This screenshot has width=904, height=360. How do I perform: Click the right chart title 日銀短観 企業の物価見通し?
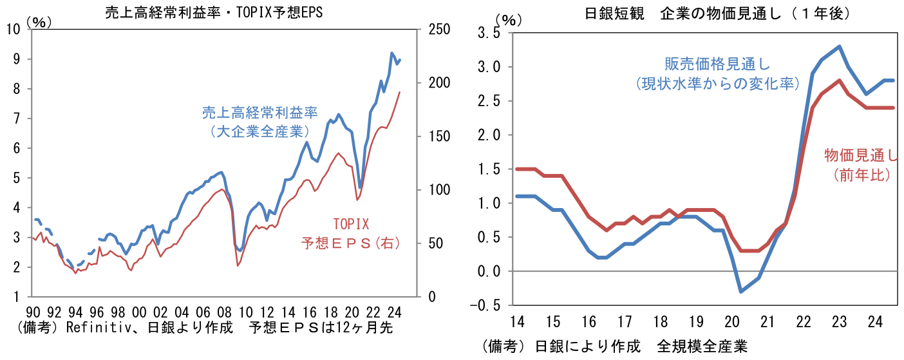pyautogui.click(x=673, y=13)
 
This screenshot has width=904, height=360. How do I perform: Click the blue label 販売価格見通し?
pyautogui.click(x=717, y=64)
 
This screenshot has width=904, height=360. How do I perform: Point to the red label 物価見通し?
pyautogui.click(x=860, y=155)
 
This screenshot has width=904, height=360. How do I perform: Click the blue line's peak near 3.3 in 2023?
pyautogui.click(x=840, y=46)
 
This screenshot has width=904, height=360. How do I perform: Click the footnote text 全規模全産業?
pyautogui.click(x=702, y=347)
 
